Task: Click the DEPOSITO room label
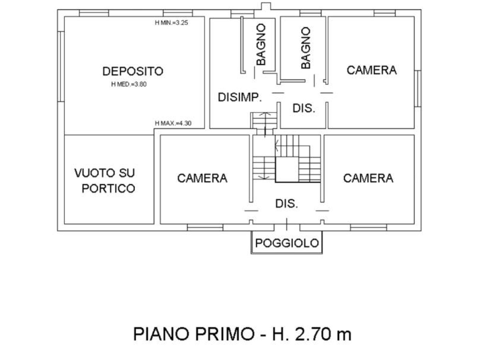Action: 133,71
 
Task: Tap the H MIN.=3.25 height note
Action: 171,23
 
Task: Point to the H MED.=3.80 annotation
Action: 129,84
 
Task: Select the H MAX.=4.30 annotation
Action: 173,123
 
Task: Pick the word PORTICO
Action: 108,188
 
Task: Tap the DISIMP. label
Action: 240,97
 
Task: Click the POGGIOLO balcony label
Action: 287,243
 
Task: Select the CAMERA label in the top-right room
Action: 372,70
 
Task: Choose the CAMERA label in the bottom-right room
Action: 368,178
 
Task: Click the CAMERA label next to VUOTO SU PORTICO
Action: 202,178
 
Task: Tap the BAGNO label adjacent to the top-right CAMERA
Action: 306,48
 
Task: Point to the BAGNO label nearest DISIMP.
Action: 261,44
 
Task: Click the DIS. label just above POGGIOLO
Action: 286,204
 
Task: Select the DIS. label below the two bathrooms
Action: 304,108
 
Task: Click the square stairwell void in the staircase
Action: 287,169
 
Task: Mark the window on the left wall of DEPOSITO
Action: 61,67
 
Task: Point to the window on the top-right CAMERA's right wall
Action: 418,88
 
